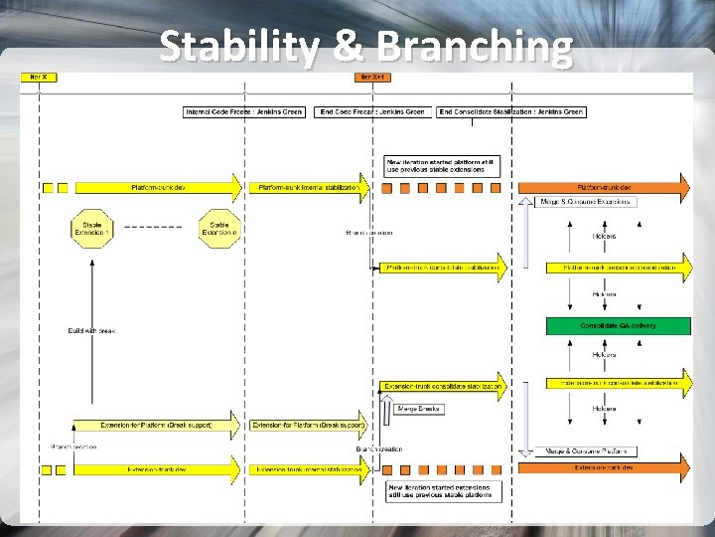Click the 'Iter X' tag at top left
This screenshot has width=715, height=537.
click(38, 77)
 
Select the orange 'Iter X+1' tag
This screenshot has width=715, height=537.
click(372, 77)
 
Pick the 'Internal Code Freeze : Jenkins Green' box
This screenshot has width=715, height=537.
click(244, 112)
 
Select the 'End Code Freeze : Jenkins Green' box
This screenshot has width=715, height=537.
click(372, 112)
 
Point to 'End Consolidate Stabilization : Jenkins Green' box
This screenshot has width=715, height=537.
click(510, 112)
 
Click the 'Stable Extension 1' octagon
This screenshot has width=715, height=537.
click(91, 228)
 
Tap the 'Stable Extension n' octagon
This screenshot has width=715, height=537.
click(219, 228)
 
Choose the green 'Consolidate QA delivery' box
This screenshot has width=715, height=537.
click(618, 325)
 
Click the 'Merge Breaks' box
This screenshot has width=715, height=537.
click(419, 408)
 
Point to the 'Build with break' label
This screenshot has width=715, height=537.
click(91, 330)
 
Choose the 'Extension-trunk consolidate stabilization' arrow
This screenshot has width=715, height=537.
click(443, 386)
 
